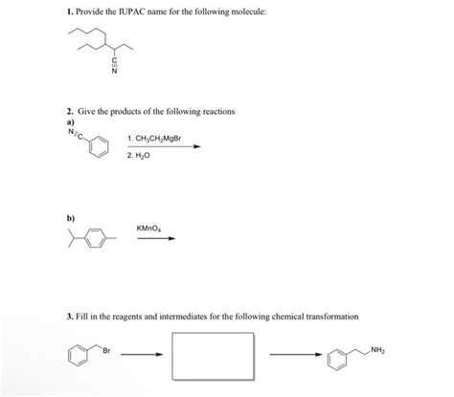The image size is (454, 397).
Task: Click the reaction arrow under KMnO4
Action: [156, 238]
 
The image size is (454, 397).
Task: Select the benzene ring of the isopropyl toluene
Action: [91, 237]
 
